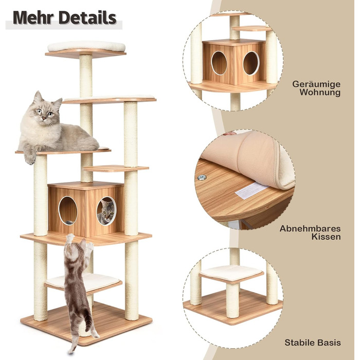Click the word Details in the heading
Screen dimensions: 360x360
tap(88, 17)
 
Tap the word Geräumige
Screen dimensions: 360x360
tap(316, 84)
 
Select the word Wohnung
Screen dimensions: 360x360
tap(320, 92)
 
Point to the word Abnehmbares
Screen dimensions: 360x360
tap(310, 229)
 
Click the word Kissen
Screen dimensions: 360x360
tap(326, 237)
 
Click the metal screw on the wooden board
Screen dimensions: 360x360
tap(202, 177)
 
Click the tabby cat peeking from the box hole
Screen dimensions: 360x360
tap(106, 212)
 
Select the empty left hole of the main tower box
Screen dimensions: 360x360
tap(68, 210)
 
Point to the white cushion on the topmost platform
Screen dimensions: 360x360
tap(86, 46)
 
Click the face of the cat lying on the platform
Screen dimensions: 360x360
tap(45, 112)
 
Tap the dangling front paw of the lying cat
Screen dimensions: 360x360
tap(30, 158)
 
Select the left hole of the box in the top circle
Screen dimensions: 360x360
tap(219, 63)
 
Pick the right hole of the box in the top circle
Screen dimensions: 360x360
tap(251, 63)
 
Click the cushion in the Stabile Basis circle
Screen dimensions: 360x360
tap(231, 273)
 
